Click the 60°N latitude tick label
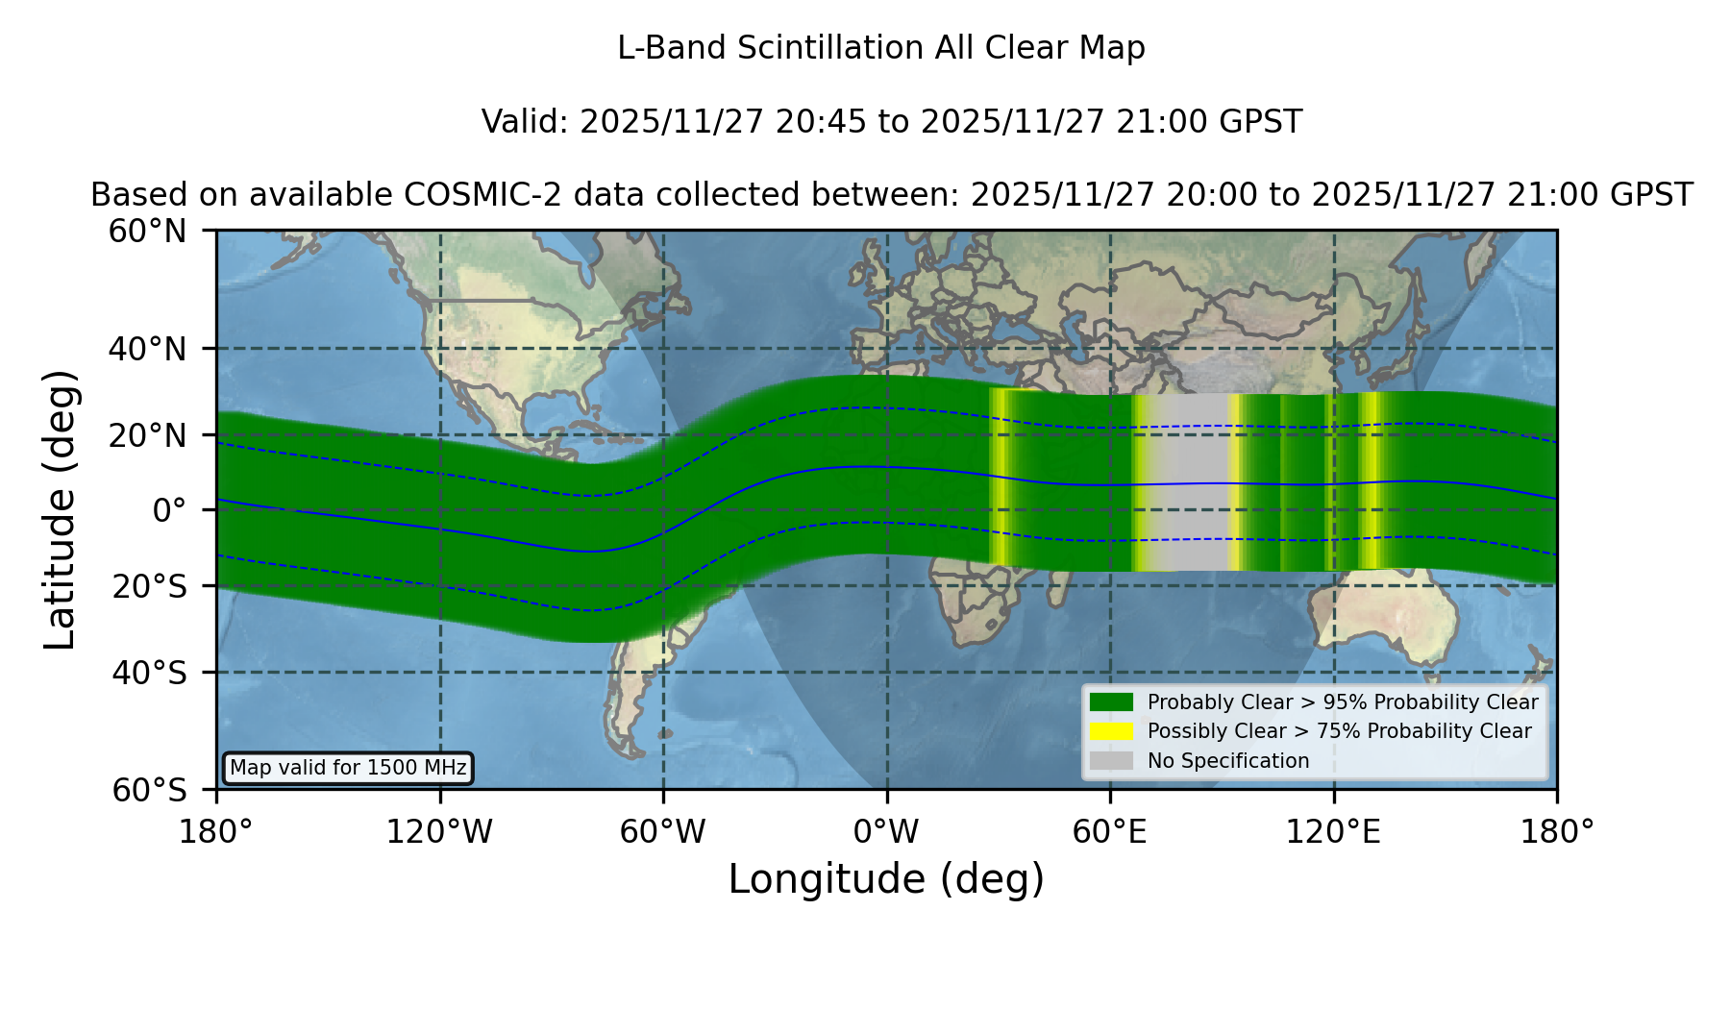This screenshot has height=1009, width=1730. click(147, 232)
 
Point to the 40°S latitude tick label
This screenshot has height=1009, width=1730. click(149, 673)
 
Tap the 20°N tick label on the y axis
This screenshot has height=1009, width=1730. click(147, 435)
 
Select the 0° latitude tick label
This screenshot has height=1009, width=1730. click(169, 510)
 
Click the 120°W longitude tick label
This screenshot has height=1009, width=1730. click(439, 831)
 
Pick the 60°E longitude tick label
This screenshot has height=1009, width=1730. click(1110, 831)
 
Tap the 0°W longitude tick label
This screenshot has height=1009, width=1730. click(886, 831)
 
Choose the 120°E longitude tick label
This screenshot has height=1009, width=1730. click(1333, 831)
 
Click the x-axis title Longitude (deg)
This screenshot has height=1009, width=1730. click(886, 879)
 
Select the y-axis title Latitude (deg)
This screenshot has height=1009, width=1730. click(60, 509)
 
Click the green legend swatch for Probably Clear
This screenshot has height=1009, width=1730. click(1112, 702)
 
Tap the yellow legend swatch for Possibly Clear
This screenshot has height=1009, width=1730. click(1112, 731)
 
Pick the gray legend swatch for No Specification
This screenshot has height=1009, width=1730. click(1112, 761)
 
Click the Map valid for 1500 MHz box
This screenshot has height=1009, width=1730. click(348, 768)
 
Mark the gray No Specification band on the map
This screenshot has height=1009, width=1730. click(1190, 481)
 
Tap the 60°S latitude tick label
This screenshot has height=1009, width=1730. click(149, 790)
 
